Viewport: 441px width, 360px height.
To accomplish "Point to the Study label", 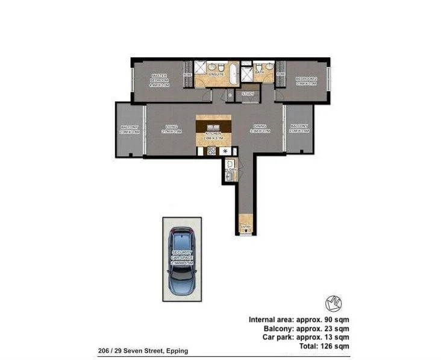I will tap(248, 94).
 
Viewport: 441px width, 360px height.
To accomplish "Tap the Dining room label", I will tap(260, 128).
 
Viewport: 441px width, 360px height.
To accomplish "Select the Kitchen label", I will tap(214, 135).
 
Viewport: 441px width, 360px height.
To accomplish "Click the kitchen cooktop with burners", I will tap(212, 151).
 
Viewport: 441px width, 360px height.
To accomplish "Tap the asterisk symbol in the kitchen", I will tap(225, 151).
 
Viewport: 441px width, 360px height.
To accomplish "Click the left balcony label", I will tap(130, 129).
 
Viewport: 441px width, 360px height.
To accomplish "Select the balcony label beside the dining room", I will tap(299, 128).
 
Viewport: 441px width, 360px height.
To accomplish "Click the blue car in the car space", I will tap(182, 261).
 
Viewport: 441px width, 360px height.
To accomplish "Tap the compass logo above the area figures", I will tap(334, 304).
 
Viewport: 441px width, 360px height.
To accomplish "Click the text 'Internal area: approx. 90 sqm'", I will tap(299, 320).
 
